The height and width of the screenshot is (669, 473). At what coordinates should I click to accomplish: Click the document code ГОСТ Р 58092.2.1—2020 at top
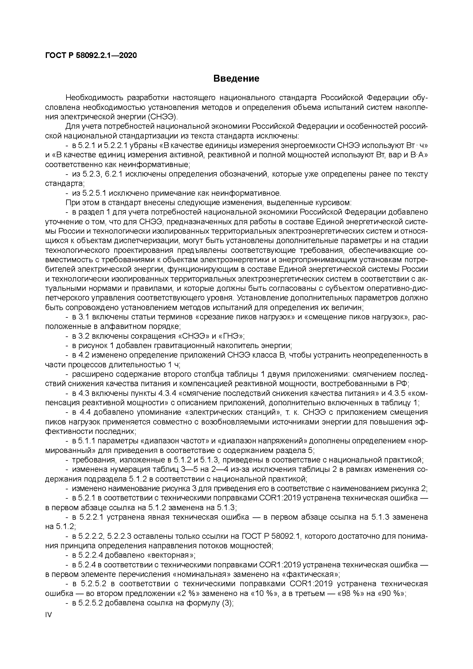point(91,55)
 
